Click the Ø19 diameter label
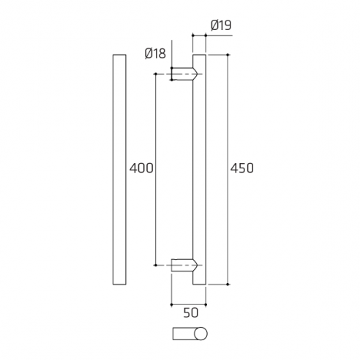click(x=221, y=26)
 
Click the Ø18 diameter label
click(x=155, y=53)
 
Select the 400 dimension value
click(x=141, y=168)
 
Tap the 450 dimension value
click(x=242, y=168)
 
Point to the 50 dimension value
click(x=191, y=313)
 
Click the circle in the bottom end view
click(x=200, y=334)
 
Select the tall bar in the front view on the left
click(x=119, y=170)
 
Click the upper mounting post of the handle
click(x=184, y=74)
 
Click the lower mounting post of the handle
click(x=184, y=265)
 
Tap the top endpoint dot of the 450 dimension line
click(x=228, y=55)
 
